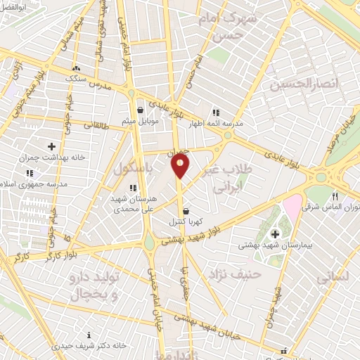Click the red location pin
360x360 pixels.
(180, 166)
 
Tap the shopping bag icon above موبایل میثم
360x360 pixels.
(141, 110)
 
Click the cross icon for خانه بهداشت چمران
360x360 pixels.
(51, 146)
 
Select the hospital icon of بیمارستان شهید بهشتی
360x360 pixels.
(274, 233)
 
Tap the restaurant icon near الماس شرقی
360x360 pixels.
(335, 197)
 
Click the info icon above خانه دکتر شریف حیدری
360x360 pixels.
(88, 335)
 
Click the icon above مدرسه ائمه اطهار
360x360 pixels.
(215, 112)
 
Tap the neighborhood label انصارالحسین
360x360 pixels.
(304, 84)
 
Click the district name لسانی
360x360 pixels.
(332, 278)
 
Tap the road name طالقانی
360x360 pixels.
(87, 125)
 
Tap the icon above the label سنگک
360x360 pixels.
(75, 68)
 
